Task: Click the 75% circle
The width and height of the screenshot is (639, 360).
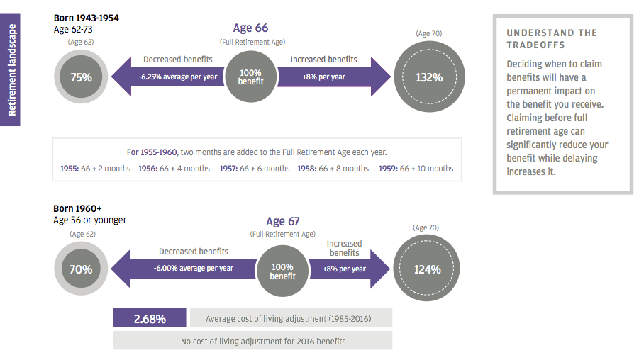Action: tap(81, 77)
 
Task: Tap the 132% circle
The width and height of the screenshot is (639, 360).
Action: tap(429, 77)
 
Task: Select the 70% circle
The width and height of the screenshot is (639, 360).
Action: tap(81, 269)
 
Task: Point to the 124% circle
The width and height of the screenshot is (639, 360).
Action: tap(428, 269)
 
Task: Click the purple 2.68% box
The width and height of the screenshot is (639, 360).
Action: tap(150, 319)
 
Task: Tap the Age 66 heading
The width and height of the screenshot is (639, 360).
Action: tap(250, 28)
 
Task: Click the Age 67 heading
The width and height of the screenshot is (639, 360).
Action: tap(282, 222)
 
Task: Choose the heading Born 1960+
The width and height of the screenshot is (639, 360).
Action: tap(77, 208)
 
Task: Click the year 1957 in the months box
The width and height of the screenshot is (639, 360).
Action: tap(228, 169)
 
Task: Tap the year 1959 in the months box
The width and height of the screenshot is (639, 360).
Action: tap(387, 169)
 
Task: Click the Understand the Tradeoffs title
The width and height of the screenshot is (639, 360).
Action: tap(552, 38)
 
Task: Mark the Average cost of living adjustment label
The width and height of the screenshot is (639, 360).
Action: tap(288, 319)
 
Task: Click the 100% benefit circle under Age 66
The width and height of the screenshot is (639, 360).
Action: tap(250, 77)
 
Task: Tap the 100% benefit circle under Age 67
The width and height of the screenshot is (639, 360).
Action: tap(282, 271)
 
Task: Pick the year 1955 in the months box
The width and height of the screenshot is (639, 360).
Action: tap(70, 169)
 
